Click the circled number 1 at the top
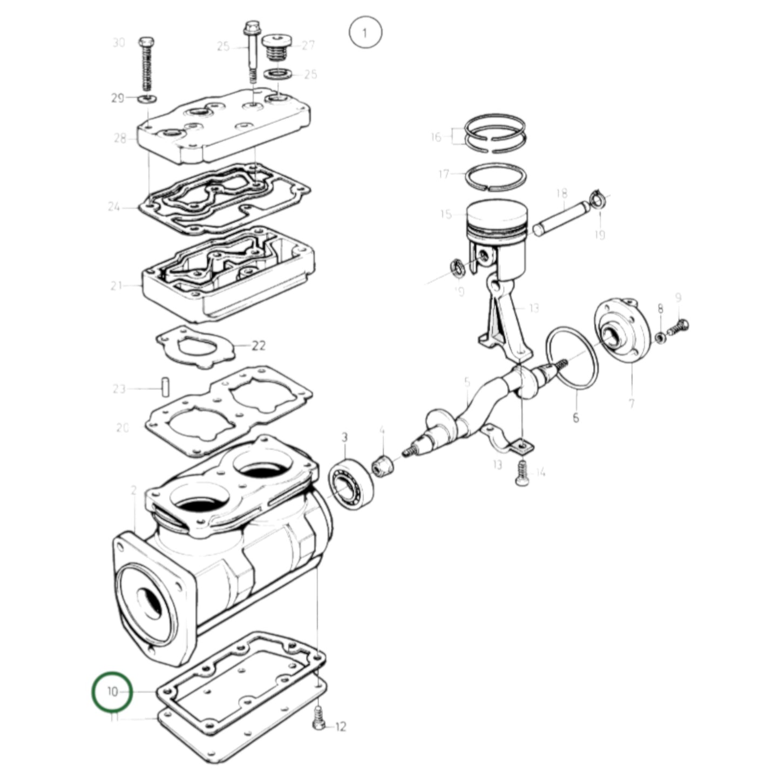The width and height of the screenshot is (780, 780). coord(365,33)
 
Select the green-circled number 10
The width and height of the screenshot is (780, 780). coord(112,691)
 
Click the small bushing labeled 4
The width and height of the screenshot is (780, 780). coord(383,465)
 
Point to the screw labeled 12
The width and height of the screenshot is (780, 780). coord(319,720)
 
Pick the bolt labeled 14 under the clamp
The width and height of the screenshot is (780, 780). coord(522,473)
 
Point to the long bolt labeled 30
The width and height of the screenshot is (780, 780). coord(146,65)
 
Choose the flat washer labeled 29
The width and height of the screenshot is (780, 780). coord(146,98)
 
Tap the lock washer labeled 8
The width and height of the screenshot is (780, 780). coord(660,338)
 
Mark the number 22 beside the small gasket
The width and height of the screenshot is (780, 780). coord(259,345)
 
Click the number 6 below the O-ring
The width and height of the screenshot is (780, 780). coord(575,417)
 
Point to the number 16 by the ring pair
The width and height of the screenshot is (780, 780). coord(436,137)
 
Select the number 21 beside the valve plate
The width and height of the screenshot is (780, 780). coord(117,286)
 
